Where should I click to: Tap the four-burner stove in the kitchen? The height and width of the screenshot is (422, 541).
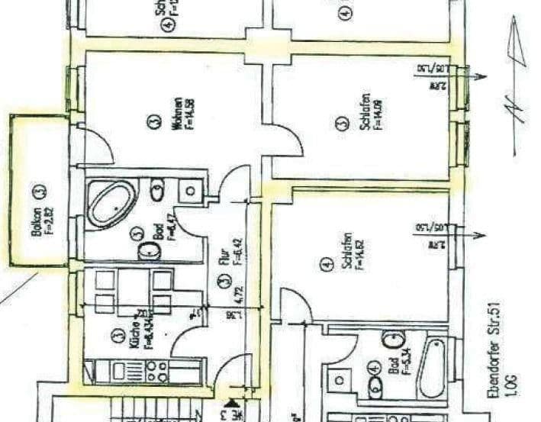click(x=157, y=372)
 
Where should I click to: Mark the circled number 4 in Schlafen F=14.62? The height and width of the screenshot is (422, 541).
click(x=327, y=264)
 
